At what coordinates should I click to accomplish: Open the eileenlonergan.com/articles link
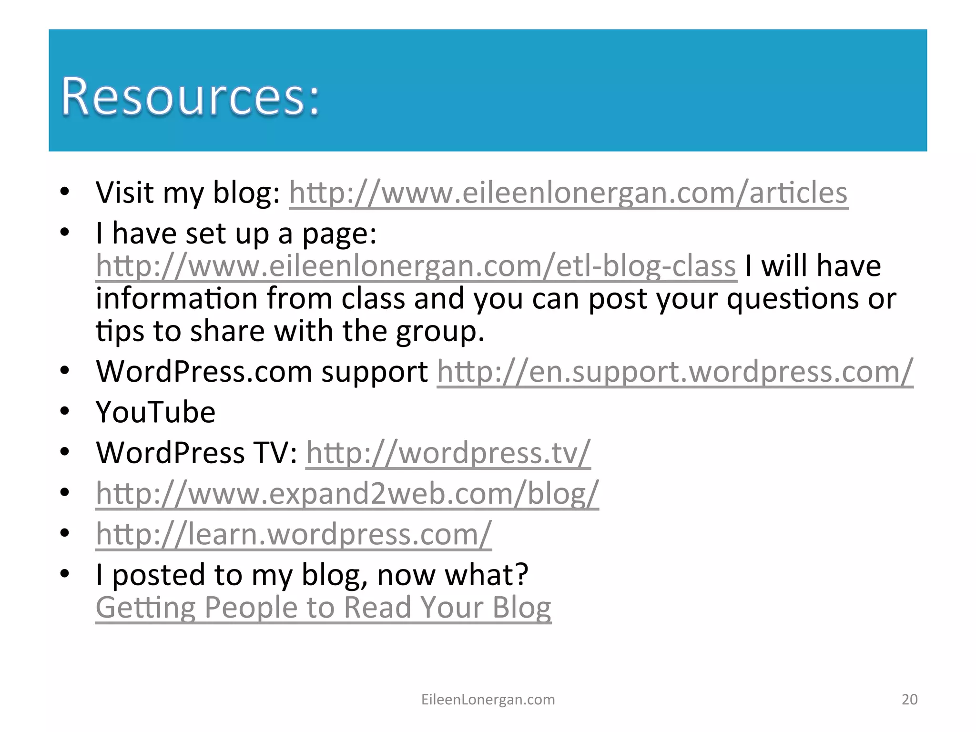(568, 193)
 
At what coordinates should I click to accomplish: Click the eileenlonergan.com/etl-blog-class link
(416, 266)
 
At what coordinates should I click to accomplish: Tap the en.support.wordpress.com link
(675, 372)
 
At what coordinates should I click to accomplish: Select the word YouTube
(155, 412)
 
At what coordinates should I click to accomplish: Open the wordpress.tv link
(448, 453)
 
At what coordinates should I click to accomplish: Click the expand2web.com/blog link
(347, 493)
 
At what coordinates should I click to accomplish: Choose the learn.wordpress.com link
(294, 534)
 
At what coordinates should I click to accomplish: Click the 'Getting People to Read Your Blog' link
(323, 608)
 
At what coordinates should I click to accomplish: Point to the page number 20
(909, 699)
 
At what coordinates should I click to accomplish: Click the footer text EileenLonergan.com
(488, 699)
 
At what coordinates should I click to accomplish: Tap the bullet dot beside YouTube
(65, 411)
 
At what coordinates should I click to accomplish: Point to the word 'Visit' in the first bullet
(125, 193)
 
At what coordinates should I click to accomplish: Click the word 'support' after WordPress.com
(374, 372)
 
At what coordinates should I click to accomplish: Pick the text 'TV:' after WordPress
(276, 453)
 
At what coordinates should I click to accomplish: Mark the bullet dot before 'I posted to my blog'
(65, 573)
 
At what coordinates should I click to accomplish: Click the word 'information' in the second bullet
(176, 299)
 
